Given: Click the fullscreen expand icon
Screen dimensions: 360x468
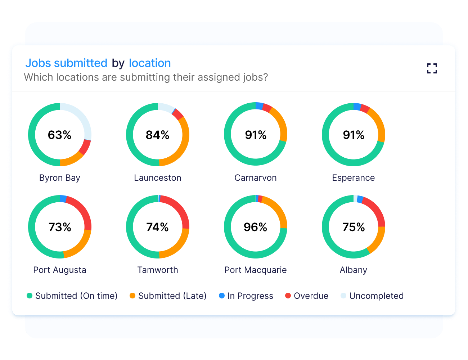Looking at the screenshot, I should (432, 68).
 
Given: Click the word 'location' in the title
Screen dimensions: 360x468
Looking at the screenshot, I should (150, 63).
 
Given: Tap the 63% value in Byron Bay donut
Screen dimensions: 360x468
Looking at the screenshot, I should (60, 135).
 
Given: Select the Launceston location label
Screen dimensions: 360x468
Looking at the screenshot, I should (158, 178).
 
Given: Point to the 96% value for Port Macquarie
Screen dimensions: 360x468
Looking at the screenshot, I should (256, 227).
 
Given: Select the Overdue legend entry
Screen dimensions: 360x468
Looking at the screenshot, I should (307, 296).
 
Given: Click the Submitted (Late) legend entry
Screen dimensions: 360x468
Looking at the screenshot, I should (168, 296).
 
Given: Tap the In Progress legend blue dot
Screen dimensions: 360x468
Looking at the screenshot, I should (222, 296).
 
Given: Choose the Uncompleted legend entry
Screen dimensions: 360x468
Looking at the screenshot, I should (372, 296).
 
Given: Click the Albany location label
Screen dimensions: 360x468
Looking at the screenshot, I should (354, 270).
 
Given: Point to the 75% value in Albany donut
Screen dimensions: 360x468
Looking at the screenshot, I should (354, 227).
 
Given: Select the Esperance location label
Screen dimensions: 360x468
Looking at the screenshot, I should (354, 178).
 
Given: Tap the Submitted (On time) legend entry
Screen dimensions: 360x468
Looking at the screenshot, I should (72, 296).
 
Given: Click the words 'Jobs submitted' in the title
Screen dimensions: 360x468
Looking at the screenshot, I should (66, 63).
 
